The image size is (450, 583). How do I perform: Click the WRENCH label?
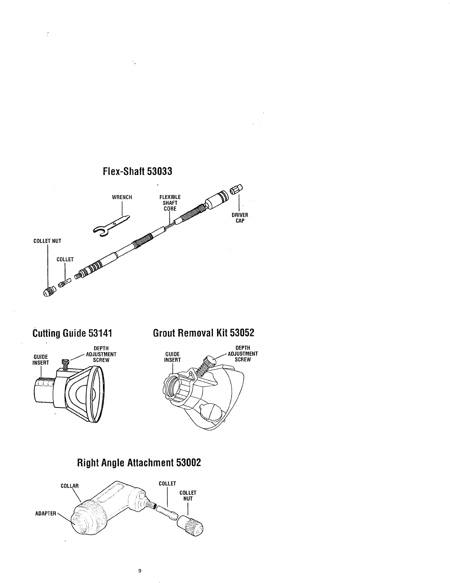(x=122, y=197)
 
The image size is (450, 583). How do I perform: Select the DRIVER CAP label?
(x=239, y=218)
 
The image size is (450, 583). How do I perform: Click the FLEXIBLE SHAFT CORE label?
(x=170, y=203)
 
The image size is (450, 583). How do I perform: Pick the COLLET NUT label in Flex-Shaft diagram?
(x=47, y=241)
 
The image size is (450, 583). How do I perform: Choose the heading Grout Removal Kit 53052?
(x=203, y=333)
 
